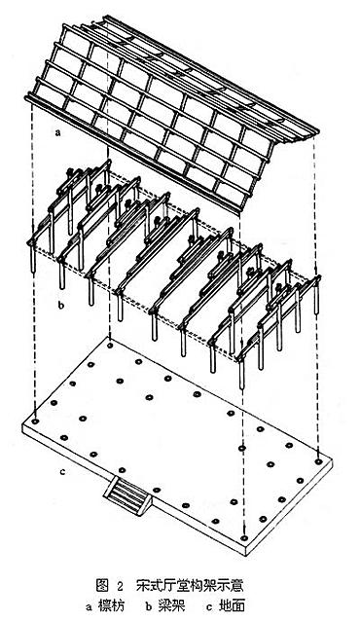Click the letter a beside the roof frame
[58, 133]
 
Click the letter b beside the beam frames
[60, 306]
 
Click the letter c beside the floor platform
[62, 472]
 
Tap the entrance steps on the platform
[128, 495]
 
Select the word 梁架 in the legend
[171, 605]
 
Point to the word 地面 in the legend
[232, 605]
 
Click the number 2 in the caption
[121, 586]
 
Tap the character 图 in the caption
[102, 585]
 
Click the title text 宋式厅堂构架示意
[190, 585]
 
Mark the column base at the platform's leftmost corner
[35, 421]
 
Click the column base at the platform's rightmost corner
[317, 461]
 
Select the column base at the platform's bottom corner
[244, 538]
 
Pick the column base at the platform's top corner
[110, 346]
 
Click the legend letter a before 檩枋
[90, 607]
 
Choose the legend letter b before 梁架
[149, 606]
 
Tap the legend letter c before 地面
[210, 607]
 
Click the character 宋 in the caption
[143, 585]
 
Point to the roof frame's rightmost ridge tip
[317, 131]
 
